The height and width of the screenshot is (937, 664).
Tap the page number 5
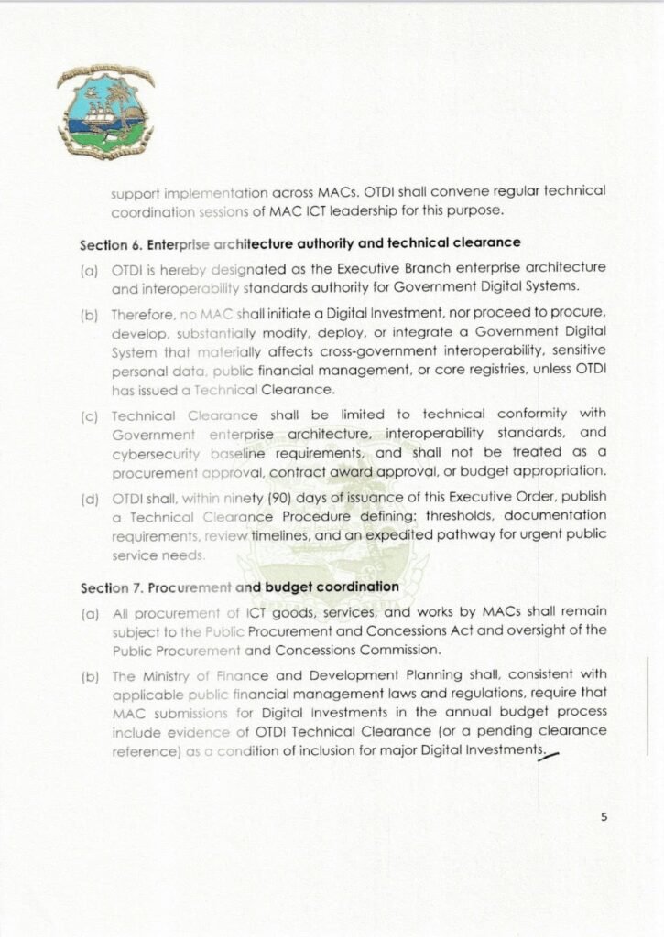coord(604,818)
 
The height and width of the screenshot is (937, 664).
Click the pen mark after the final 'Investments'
coord(551,753)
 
